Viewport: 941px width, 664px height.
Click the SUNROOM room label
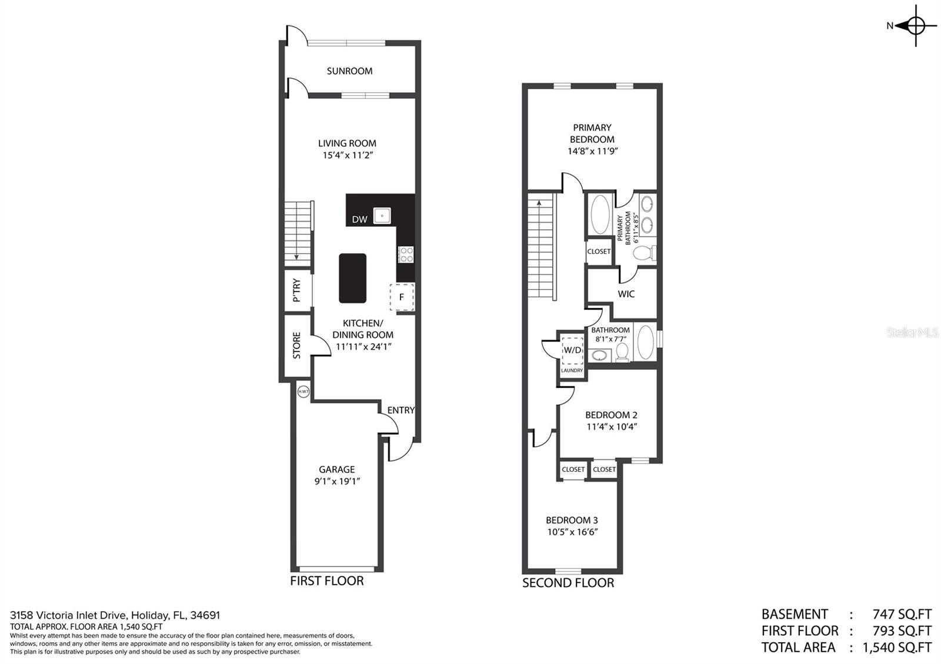pos(349,71)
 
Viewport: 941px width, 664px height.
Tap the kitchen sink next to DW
pos(382,216)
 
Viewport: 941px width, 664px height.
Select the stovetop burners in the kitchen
pos(406,254)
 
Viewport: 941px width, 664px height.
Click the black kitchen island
pos(352,278)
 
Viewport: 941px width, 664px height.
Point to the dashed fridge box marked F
pos(402,297)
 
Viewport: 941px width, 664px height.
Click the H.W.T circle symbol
pos(303,391)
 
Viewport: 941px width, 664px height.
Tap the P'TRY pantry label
pos(296,290)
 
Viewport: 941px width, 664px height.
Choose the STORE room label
pos(296,346)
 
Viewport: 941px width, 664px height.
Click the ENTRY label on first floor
pos(401,410)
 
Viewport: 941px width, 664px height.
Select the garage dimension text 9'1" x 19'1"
pos(337,481)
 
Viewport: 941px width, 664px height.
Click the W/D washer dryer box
pos(572,350)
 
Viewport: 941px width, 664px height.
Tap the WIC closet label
pos(626,294)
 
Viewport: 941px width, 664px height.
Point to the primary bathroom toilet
pos(645,253)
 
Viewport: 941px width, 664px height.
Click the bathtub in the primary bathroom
pos(600,214)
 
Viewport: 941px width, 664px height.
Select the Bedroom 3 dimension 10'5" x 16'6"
pos(572,532)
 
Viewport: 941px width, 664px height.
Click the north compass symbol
pos(916,26)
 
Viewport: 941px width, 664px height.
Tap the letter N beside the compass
pos(889,26)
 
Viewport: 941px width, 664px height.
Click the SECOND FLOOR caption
pos(568,582)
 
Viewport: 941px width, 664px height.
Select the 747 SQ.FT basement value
pos(902,614)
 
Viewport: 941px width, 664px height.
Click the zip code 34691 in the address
pos(205,615)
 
